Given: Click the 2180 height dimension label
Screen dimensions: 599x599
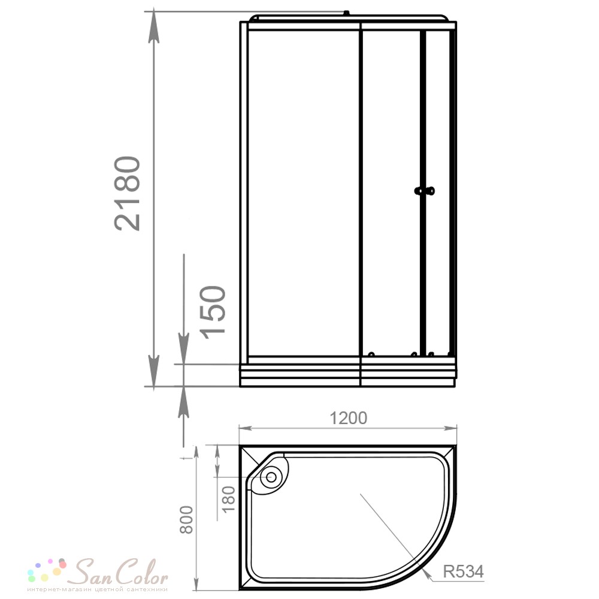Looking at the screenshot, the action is pyautogui.click(x=128, y=193).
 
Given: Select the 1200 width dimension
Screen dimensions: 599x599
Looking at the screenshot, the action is pyautogui.click(x=348, y=418).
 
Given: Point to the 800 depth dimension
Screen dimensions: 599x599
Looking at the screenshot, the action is pyautogui.click(x=186, y=519).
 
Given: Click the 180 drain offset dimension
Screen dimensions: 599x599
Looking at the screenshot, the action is pyautogui.click(x=228, y=500).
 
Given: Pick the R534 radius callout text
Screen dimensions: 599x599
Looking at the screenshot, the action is pyautogui.click(x=464, y=571).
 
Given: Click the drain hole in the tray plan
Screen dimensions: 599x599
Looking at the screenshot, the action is pyautogui.click(x=271, y=477).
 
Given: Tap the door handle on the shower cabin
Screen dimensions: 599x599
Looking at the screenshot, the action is pyautogui.click(x=425, y=190).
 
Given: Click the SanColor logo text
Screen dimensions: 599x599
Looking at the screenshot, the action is pyautogui.click(x=120, y=571).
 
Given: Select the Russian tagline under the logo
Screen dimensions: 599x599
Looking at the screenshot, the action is pyautogui.click(x=98, y=590).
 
